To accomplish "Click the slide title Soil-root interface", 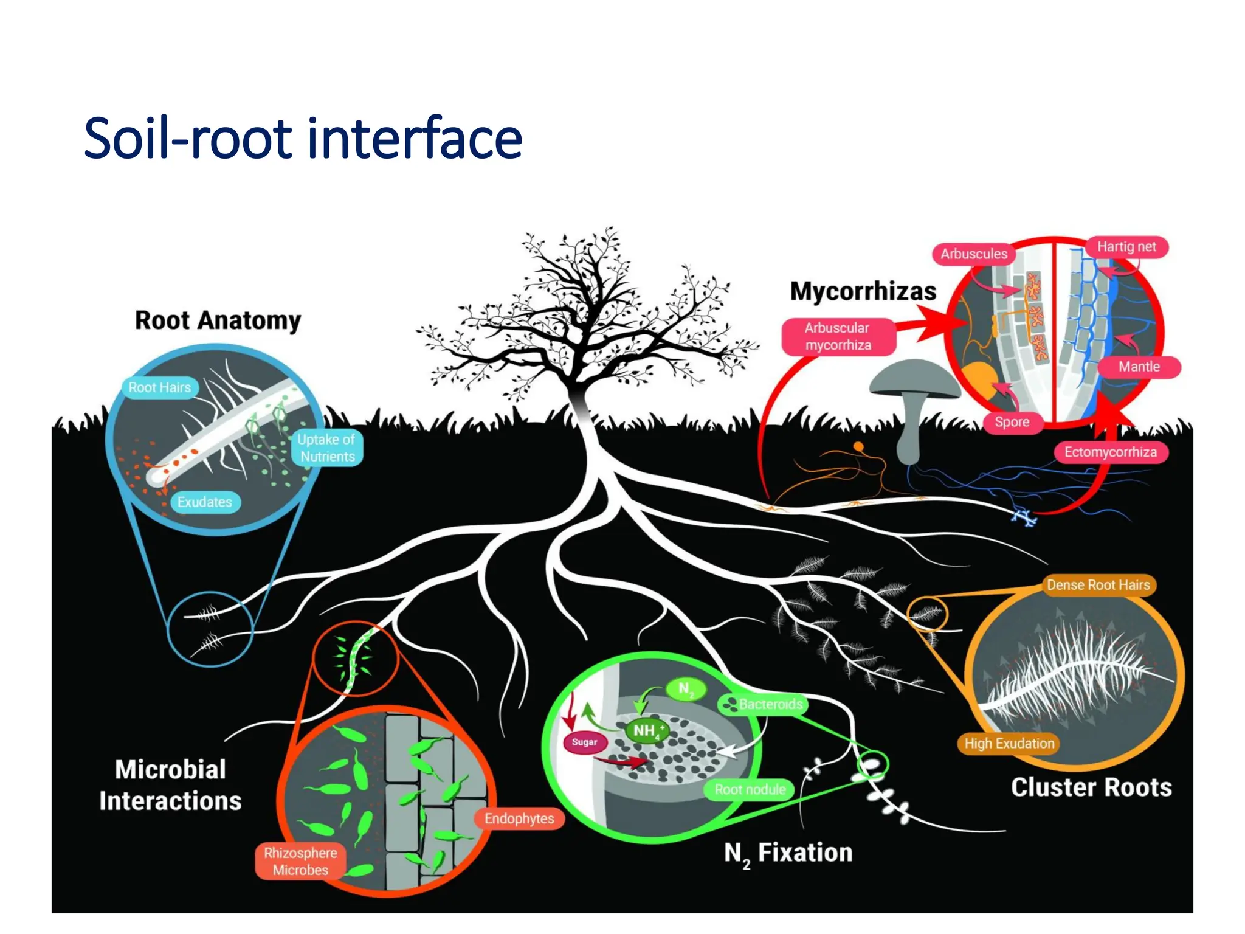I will [x=303, y=139].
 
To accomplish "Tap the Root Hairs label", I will [x=160, y=387].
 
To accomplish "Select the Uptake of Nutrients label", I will [x=327, y=448].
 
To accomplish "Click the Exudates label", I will [x=205, y=502].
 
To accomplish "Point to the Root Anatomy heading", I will [x=218, y=320].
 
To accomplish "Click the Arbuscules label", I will [x=974, y=254].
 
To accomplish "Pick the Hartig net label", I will [x=1126, y=247].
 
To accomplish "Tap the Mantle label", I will [x=1139, y=367].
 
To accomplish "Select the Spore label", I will [x=1012, y=422].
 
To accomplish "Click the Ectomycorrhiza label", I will [x=1110, y=452].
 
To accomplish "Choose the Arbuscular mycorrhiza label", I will [x=838, y=336].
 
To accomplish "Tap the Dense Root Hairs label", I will [x=1098, y=585].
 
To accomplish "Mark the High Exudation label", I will [x=1009, y=743].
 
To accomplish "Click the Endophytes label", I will [x=519, y=818].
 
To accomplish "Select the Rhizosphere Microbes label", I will [x=300, y=861].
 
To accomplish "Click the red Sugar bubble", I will [x=584, y=742].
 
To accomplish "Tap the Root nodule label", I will [x=750, y=790].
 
